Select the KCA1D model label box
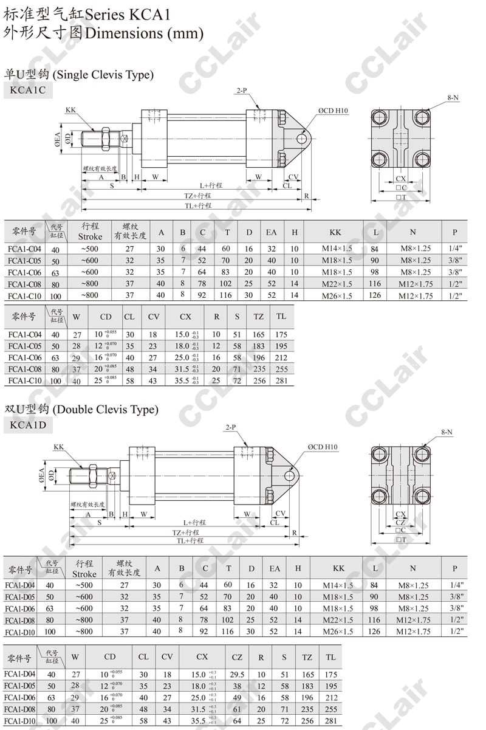pyautogui.click(x=28, y=425)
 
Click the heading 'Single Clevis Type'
pyautogui.click(x=103, y=75)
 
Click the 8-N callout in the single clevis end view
pyautogui.click(x=453, y=97)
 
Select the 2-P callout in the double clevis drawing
pyautogui.click(x=231, y=427)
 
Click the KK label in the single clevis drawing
pyautogui.click(x=70, y=110)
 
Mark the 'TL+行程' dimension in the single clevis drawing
pyautogui.click(x=198, y=205)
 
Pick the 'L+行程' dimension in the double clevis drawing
pyautogui.click(x=195, y=522)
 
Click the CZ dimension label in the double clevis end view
pyautogui.click(x=401, y=522)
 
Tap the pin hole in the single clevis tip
pyautogui.click(x=301, y=139)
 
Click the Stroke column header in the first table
pyautogui.click(x=90, y=232)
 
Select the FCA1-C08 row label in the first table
pyautogui.click(x=25, y=284)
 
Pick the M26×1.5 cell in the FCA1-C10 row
pyautogui.click(x=336, y=296)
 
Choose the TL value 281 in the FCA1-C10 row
pyautogui.click(x=281, y=381)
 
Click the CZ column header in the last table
pyautogui.click(x=238, y=656)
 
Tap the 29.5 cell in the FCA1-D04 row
pyautogui.click(x=238, y=674)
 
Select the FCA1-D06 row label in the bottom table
pyautogui.click(x=20, y=698)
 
